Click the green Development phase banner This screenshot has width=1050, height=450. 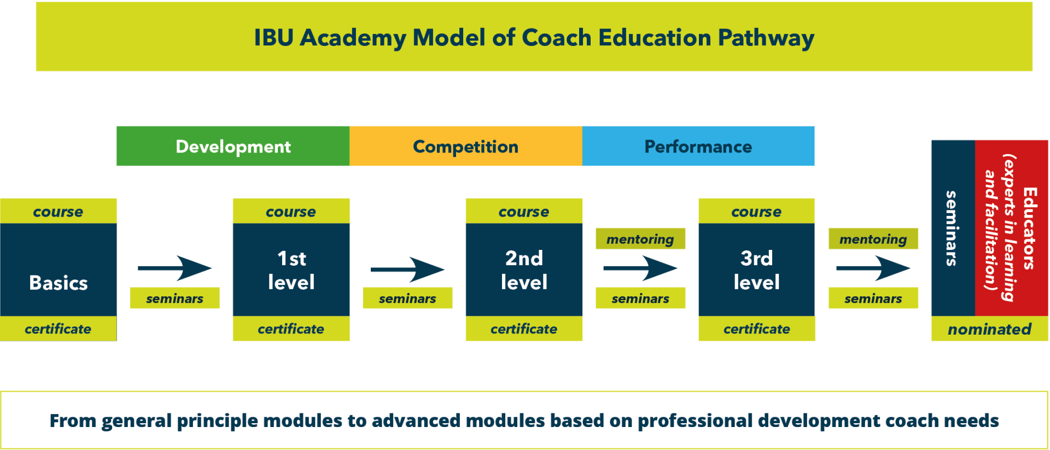point(233,146)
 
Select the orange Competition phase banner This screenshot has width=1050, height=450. point(466,146)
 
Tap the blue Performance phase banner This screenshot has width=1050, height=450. point(698,146)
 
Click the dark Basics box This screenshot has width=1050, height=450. point(59,270)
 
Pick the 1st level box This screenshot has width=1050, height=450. point(291,270)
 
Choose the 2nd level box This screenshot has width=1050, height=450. point(524,270)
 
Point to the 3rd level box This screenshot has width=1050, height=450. point(756,270)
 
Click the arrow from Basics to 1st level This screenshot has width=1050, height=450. point(174,268)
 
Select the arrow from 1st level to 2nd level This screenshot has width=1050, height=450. point(407,268)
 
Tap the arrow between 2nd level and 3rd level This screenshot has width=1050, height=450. point(640,268)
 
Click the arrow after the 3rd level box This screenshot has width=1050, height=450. point(873,268)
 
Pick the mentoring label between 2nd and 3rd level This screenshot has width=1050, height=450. point(640,239)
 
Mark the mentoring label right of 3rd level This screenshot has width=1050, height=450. point(873,239)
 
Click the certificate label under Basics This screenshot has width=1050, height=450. point(58,329)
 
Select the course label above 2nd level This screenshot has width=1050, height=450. point(524,212)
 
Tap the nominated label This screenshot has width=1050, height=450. point(990,329)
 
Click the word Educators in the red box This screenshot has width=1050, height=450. point(1030,228)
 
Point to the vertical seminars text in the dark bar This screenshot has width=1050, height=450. point(952,228)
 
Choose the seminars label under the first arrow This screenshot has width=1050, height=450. point(174,299)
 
